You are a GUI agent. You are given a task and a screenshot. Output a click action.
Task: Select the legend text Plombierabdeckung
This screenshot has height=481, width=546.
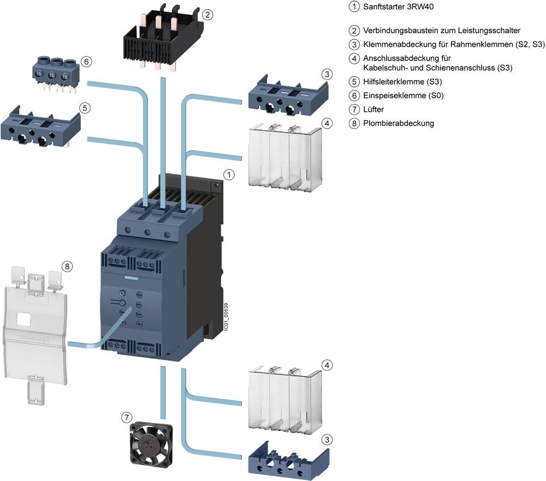[x=399, y=123]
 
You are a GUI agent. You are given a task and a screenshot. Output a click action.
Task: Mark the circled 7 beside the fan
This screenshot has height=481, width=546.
[x=127, y=417]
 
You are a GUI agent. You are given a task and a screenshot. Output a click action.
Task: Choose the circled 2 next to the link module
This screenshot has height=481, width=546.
[x=207, y=15]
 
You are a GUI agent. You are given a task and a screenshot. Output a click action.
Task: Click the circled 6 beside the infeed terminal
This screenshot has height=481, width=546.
[x=86, y=62]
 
